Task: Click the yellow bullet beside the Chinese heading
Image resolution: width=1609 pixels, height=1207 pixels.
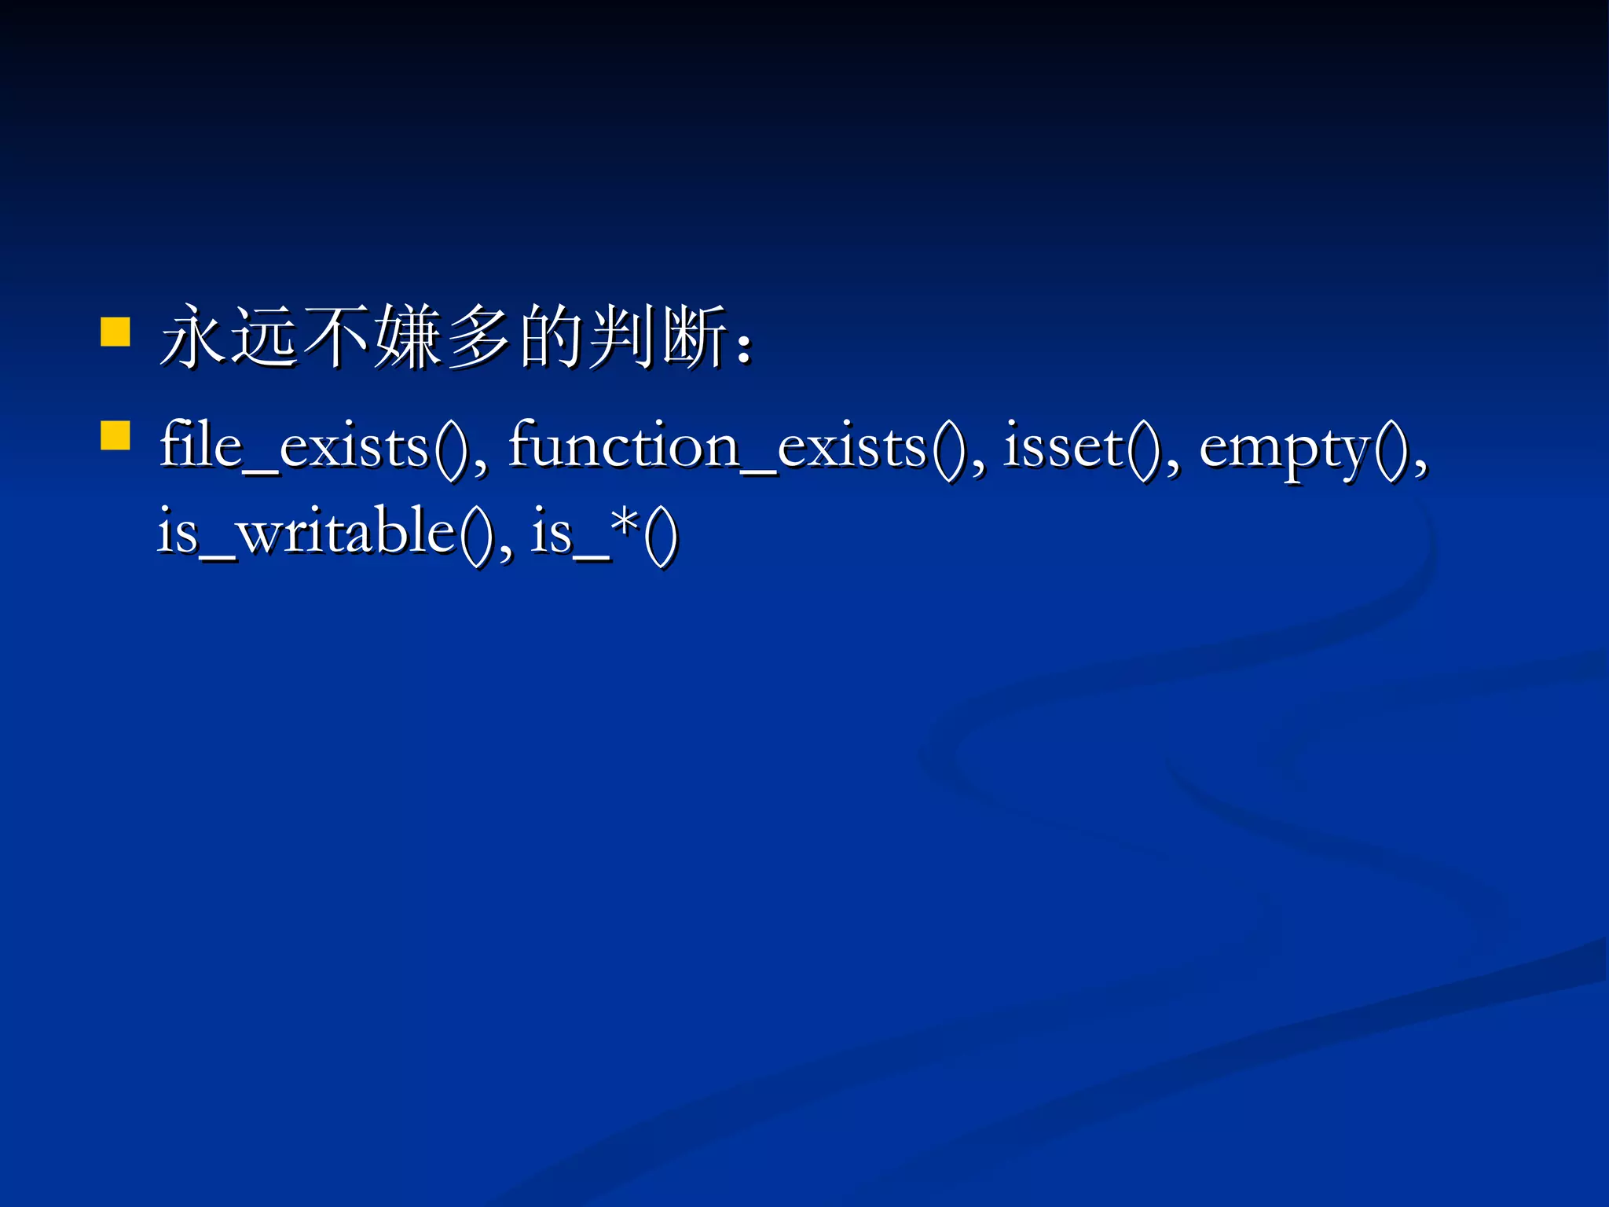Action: click(x=115, y=332)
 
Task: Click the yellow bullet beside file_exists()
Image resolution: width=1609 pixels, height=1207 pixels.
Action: click(x=115, y=435)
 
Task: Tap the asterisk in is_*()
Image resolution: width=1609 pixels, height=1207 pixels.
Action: click(x=625, y=520)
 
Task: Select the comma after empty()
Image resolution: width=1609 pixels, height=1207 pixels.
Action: click(x=1420, y=468)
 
